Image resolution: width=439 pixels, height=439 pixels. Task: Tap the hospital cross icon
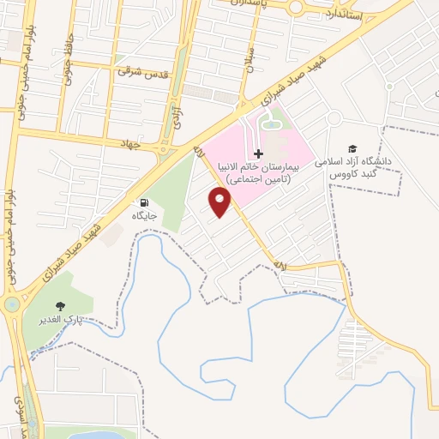pos(259,153)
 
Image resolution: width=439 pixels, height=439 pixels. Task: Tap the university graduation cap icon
pos(351,147)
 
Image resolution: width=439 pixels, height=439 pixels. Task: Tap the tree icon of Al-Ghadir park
pos(59,306)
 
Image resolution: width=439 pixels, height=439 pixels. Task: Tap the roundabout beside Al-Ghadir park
pos(12,304)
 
